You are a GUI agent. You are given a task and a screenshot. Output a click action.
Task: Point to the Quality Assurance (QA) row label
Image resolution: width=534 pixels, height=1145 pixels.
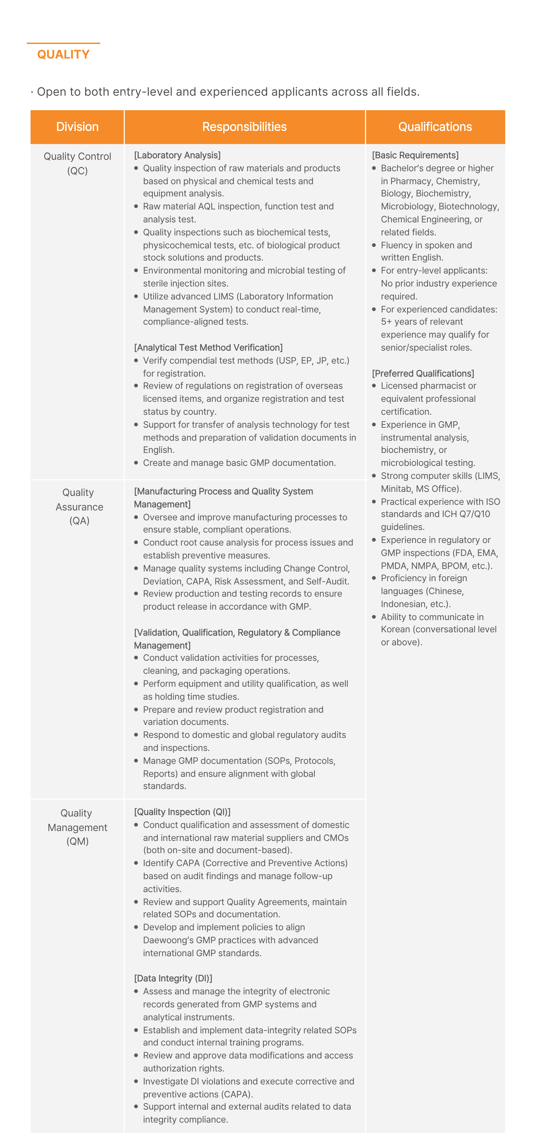tap(79, 506)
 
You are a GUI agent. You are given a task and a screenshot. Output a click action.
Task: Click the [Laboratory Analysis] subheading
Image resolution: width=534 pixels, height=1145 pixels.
tap(177, 155)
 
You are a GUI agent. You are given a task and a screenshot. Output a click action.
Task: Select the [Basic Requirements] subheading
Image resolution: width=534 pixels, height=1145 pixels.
tap(415, 155)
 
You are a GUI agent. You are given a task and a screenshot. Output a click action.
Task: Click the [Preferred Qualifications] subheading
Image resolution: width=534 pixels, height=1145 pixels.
tap(422, 373)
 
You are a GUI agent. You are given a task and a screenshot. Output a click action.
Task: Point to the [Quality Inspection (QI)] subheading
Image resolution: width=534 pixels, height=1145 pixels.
tap(182, 812)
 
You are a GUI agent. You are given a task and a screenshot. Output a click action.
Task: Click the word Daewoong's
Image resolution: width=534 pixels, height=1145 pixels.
tap(168, 940)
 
